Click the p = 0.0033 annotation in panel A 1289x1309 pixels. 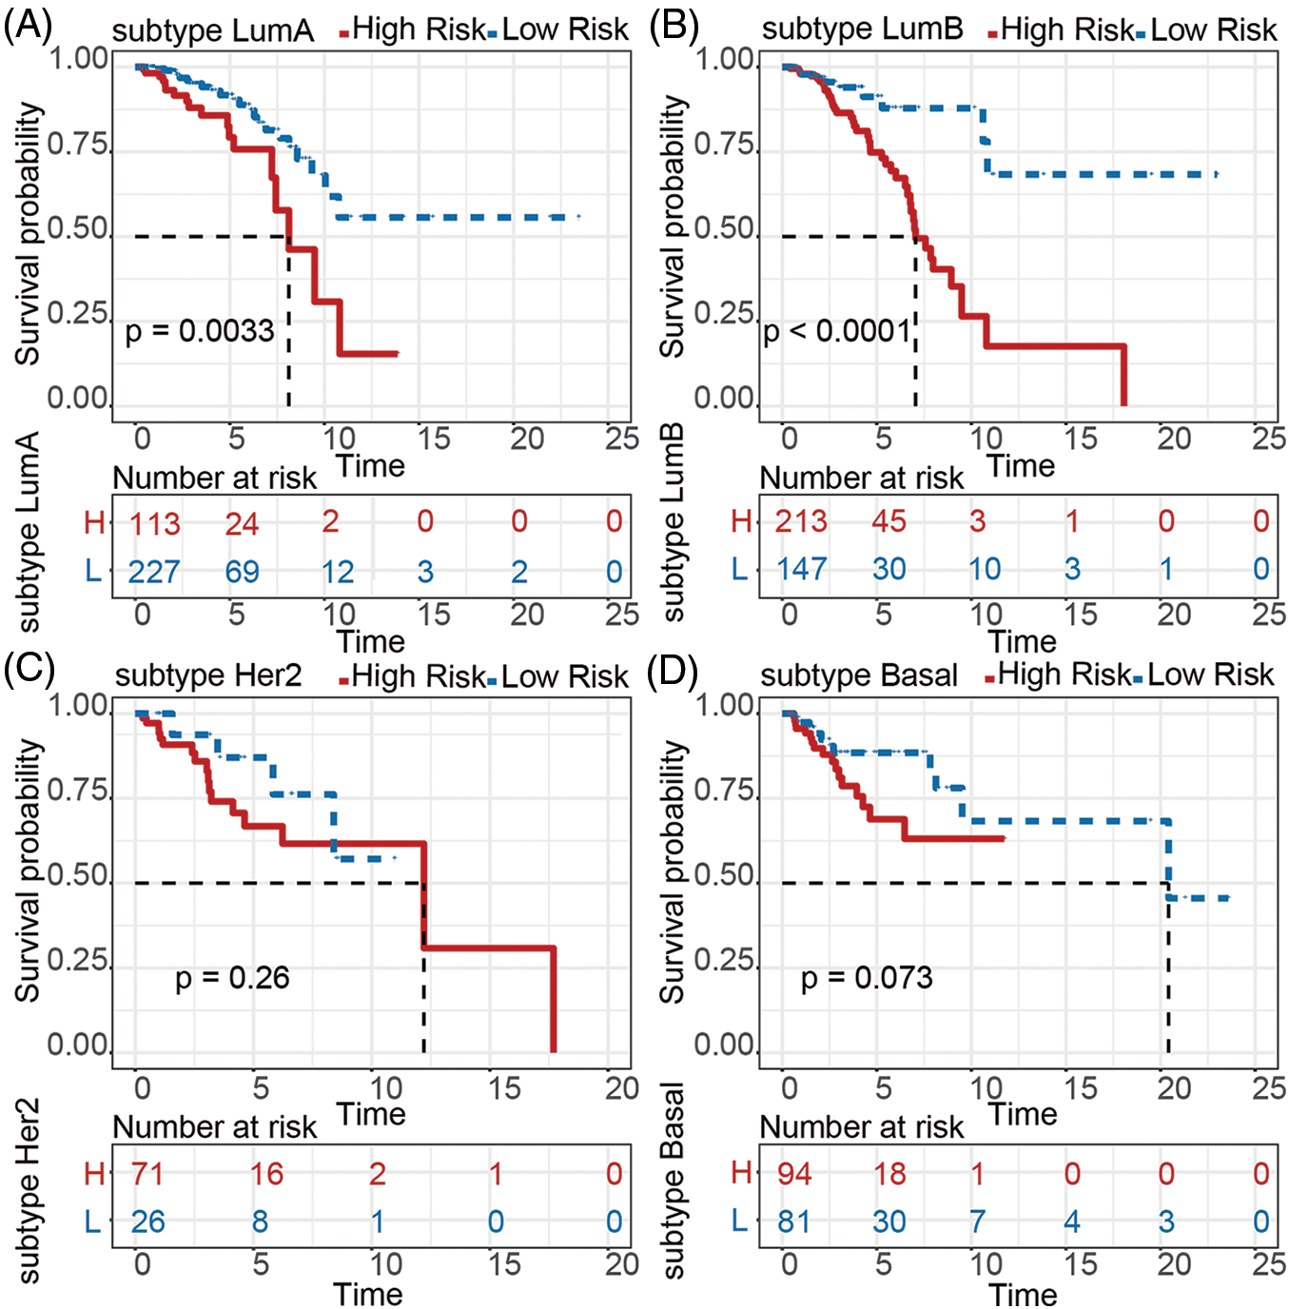coord(200,331)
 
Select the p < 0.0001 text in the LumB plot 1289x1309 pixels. coord(837,331)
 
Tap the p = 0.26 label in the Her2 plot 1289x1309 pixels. coord(232,978)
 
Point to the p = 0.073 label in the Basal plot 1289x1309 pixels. coord(867,978)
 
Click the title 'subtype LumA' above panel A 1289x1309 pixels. coord(212,31)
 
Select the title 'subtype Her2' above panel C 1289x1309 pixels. coord(208,676)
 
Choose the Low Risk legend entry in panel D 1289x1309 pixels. coord(1209,675)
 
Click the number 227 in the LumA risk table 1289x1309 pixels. coord(154,572)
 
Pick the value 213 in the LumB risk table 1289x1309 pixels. coord(801,521)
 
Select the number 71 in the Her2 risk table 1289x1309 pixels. coord(147,1174)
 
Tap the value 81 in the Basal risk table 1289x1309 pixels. coord(794,1221)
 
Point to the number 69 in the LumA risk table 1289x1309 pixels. coord(242,572)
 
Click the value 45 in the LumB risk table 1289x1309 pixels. coord(889,521)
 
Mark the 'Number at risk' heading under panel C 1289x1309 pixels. coord(214,1127)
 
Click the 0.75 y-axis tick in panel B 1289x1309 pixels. coord(724,145)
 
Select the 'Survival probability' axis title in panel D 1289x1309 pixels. coord(673,871)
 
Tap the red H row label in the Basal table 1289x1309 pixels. coord(741,1173)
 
